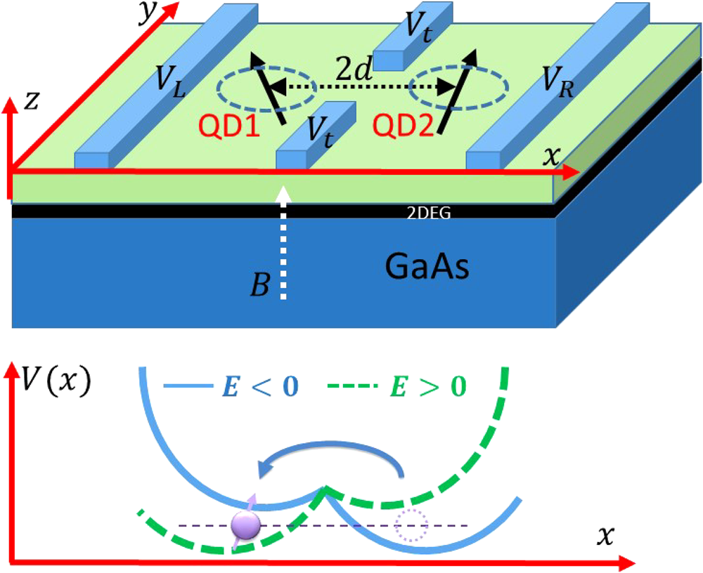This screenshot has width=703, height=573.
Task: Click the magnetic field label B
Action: pos(262,287)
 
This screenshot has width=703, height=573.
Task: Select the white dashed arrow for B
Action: pos(283,246)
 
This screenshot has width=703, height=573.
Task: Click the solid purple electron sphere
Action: pos(246,524)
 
